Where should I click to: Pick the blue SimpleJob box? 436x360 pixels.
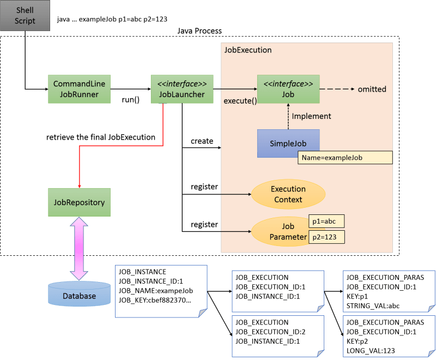pyautogui.click(x=288, y=143)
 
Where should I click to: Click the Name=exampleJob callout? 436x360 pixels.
pyautogui.click(x=345, y=158)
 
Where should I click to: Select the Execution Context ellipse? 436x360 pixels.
pyautogui.click(x=288, y=194)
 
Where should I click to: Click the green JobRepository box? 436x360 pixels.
pyautogui.click(x=79, y=202)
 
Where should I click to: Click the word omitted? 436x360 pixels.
pyautogui.click(x=372, y=89)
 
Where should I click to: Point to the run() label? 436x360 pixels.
pyautogui.click(x=130, y=100)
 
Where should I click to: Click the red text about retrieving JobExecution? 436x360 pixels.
pyautogui.click(x=101, y=137)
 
